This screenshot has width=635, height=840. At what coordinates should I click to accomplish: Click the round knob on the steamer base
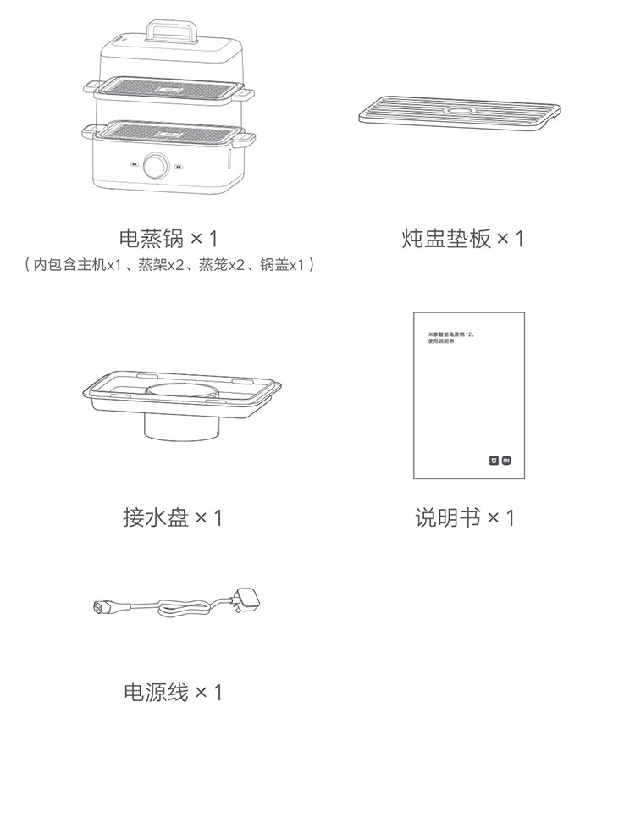coord(155,167)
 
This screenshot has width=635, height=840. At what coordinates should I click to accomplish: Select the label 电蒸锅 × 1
coord(173,238)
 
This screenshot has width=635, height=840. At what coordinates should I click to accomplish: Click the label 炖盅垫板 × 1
coord(462,239)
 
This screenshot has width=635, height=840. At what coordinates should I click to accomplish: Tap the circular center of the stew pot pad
coord(462,110)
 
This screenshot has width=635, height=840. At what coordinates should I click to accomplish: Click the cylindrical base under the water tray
coord(181,424)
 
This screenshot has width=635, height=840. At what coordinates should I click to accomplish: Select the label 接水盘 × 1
coord(173,517)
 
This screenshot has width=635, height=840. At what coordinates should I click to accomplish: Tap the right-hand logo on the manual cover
coord(506,462)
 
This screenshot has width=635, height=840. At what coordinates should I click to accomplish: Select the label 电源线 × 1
coord(173,693)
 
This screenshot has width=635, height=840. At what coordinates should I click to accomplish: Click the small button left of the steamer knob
coord(135,166)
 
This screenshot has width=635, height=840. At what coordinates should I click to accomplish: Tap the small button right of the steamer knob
coord(179,167)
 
